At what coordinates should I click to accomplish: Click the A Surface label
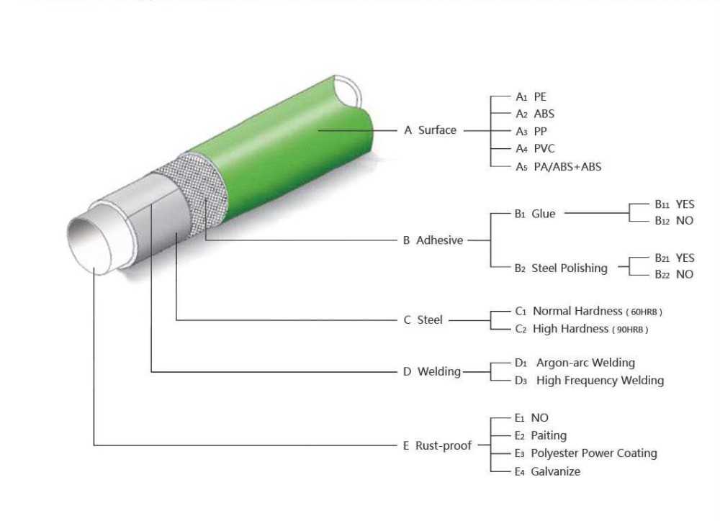coord(430,130)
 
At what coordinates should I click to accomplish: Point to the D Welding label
coord(431,371)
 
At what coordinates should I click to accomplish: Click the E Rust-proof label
coord(437,445)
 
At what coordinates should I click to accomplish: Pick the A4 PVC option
coord(535,149)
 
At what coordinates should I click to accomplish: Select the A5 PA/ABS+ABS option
coord(558,167)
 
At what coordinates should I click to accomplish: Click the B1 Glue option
coord(535,214)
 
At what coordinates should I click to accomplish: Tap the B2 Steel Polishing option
coord(561,268)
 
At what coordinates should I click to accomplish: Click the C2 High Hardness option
coord(582,329)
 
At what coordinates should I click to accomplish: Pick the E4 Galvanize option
coord(546,471)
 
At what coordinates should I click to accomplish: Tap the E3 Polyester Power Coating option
coord(585,453)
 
